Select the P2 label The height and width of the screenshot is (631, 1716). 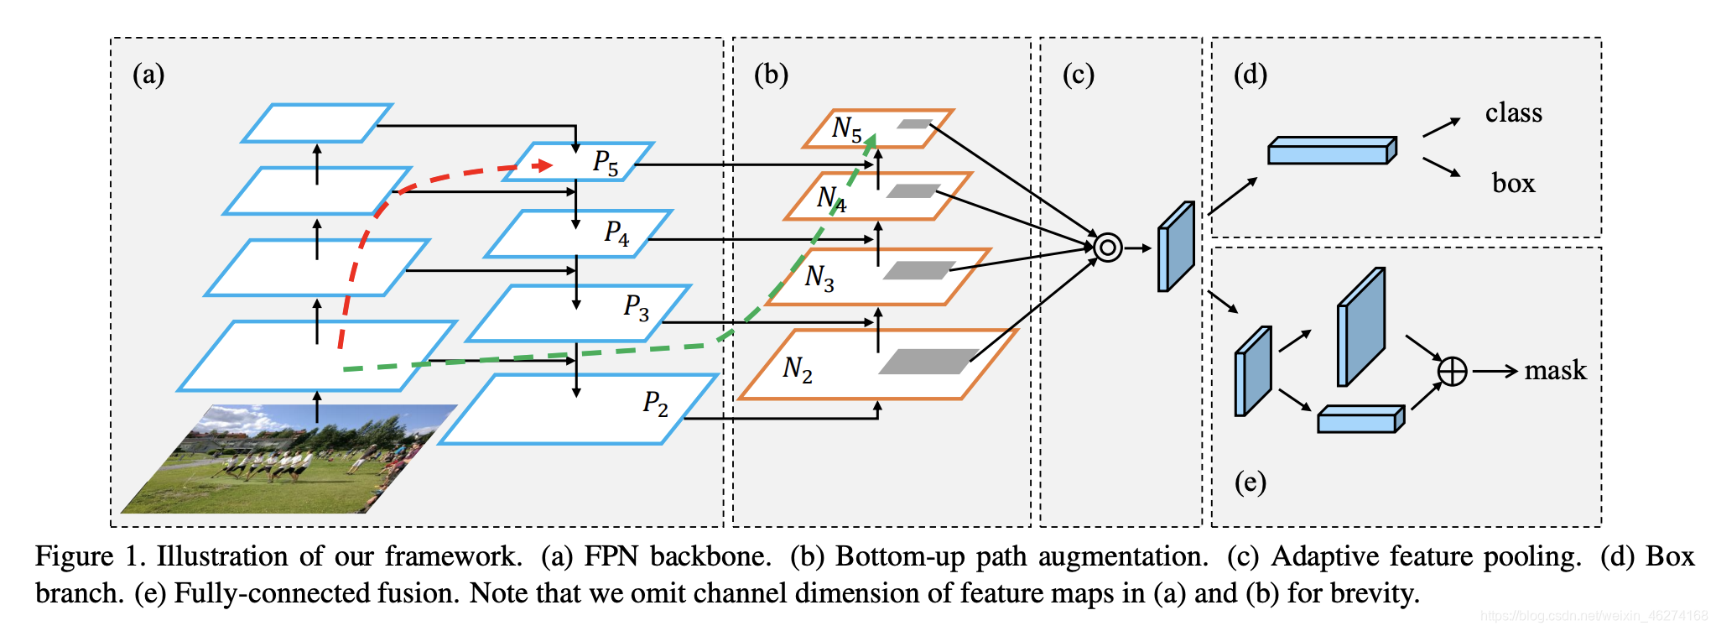(655, 404)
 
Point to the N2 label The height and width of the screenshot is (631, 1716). (797, 368)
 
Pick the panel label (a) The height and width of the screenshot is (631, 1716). (148, 75)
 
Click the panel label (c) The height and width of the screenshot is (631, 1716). (1078, 75)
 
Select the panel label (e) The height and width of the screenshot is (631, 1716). (1250, 482)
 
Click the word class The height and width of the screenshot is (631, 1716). (1513, 112)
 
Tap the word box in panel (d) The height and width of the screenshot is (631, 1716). (1513, 183)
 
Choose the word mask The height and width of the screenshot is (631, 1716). (1555, 370)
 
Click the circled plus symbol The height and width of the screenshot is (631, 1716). (1452, 371)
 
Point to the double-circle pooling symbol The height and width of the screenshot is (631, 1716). (1107, 248)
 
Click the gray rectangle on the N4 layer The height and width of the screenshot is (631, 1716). (913, 191)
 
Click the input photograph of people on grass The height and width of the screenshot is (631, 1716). (285, 460)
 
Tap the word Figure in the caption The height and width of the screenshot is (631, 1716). (74, 556)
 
